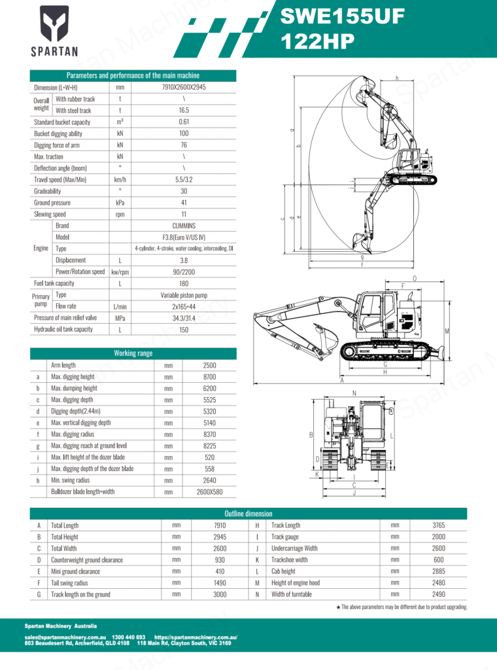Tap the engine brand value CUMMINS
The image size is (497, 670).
click(x=184, y=226)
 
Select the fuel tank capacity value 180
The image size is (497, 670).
click(x=184, y=283)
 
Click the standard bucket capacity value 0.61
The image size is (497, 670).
click(x=184, y=122)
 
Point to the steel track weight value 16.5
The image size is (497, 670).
click(x=184, y=111)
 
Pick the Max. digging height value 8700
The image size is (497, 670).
click(x=210, y=377)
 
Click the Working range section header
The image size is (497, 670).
click(x=133, y=353)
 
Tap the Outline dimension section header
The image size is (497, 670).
click(x=248, y=514)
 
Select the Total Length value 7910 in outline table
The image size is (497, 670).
click(x=220, y=525)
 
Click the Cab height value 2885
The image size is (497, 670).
click(x=438, y=571)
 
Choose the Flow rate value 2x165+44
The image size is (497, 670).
click(x=184, y=306)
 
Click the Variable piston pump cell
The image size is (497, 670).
click(x=184, y=295)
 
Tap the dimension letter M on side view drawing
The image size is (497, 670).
click(x=447, y=331)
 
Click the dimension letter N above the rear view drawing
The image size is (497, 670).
click(x=354, y=393)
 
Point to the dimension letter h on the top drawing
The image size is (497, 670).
click(x=397, y=79)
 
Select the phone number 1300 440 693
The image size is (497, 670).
click(x=129, y=637)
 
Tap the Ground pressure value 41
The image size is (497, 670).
click(x=184, y=203)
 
